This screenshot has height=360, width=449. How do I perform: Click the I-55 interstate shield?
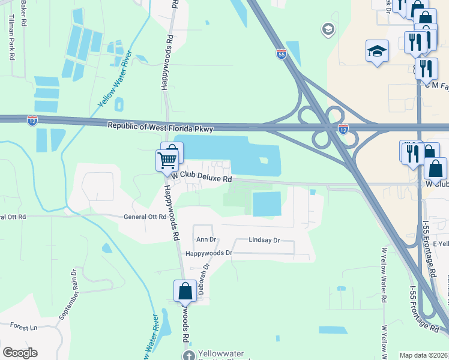(x=281, y=54)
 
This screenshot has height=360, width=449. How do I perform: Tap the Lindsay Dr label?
(x=264, y=240)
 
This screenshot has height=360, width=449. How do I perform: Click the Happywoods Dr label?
(x=208, y=253)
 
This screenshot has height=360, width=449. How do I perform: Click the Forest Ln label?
(x=23, y=326)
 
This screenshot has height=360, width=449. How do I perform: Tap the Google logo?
(x=20, y=353)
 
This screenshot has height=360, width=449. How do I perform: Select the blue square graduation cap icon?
(x=377, y=51)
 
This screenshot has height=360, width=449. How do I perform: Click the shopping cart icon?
(x=167, y=160)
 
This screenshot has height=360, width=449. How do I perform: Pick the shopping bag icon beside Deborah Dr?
(x=185, y=291)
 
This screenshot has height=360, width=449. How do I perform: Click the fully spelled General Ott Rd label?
(x=144, y=217)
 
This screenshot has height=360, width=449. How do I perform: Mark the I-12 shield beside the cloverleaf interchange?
(x=343, y=128)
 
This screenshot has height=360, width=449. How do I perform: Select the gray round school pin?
(x=328, y=29)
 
